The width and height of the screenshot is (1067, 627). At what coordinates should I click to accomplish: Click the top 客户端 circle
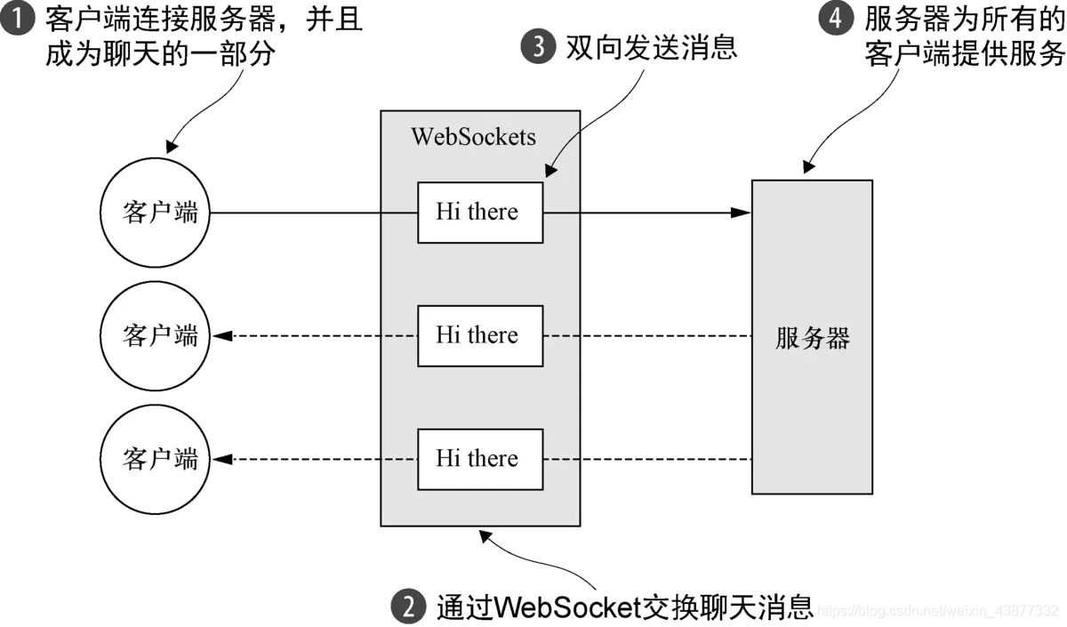pos(158,213)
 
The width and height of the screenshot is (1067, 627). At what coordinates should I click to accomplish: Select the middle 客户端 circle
pos(158,336)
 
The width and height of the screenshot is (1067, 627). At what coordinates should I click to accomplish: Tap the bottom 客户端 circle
pos(158,459)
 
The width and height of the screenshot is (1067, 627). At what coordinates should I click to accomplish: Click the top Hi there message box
pos(479,213)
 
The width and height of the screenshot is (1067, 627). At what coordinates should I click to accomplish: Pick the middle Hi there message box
pos(479,336)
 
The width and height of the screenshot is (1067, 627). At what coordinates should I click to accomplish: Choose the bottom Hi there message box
pos(479,459)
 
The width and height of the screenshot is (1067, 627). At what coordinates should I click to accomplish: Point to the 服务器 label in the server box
pos(812,338)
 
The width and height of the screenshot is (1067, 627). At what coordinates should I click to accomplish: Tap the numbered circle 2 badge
pos(407,607)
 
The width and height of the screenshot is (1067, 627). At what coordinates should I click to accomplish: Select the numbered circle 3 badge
pos(537,47)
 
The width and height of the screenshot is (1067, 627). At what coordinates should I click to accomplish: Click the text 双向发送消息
pos(651,47)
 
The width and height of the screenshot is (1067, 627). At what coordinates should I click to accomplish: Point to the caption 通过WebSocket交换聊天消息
pos(624,607)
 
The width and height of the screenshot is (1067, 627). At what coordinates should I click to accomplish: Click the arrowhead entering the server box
pos(742,213)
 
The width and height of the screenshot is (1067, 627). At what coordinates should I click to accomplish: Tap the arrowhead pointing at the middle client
pos(223,336)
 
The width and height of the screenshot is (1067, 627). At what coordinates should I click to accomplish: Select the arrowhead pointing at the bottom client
pos(223,459)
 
